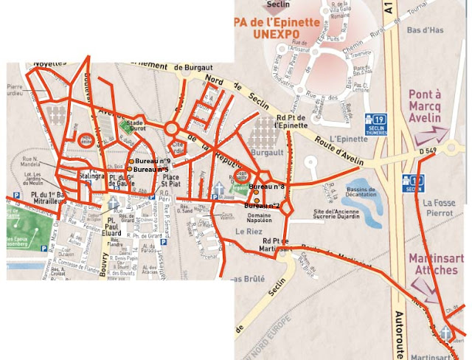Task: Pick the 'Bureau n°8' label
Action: [266, 187]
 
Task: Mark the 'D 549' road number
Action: [428, 150]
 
